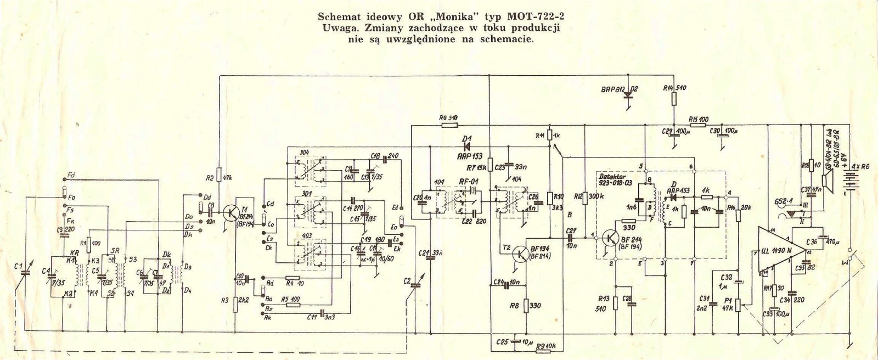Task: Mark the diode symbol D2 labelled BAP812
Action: click(x=628, y=95)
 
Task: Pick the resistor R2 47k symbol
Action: click(x=219, y=175)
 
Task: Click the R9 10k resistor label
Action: click(x=548, y=346)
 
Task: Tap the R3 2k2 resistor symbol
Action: click(x=235, y=302)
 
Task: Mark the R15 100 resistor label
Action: click(x=698, y=119)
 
